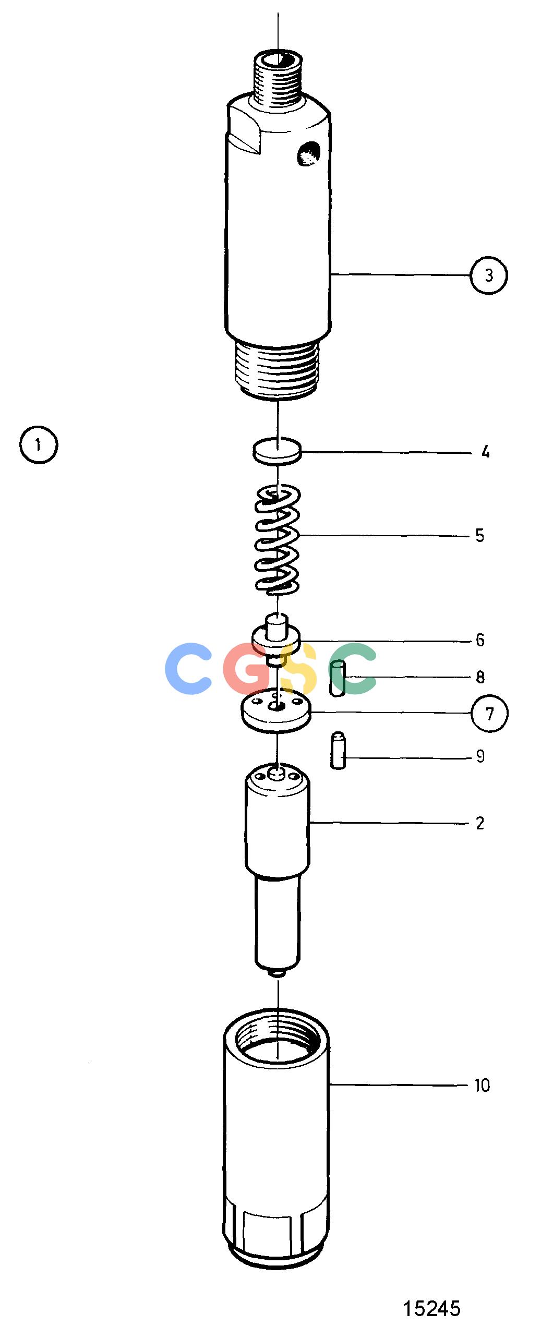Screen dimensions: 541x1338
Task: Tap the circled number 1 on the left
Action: click(x=38, y=445)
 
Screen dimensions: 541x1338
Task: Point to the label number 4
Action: click(x=485, y=452)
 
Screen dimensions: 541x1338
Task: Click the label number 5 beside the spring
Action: click(x=479, y=535)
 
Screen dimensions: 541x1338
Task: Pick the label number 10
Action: click(x=482, y=1086)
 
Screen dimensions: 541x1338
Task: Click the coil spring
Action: click(x=277, y=540)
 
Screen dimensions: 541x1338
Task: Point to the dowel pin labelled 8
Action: click(x=338, y=678)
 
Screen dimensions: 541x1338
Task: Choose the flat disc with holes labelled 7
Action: click(x=276, y=710)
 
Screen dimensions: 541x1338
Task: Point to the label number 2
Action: click(x=479, y=823)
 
